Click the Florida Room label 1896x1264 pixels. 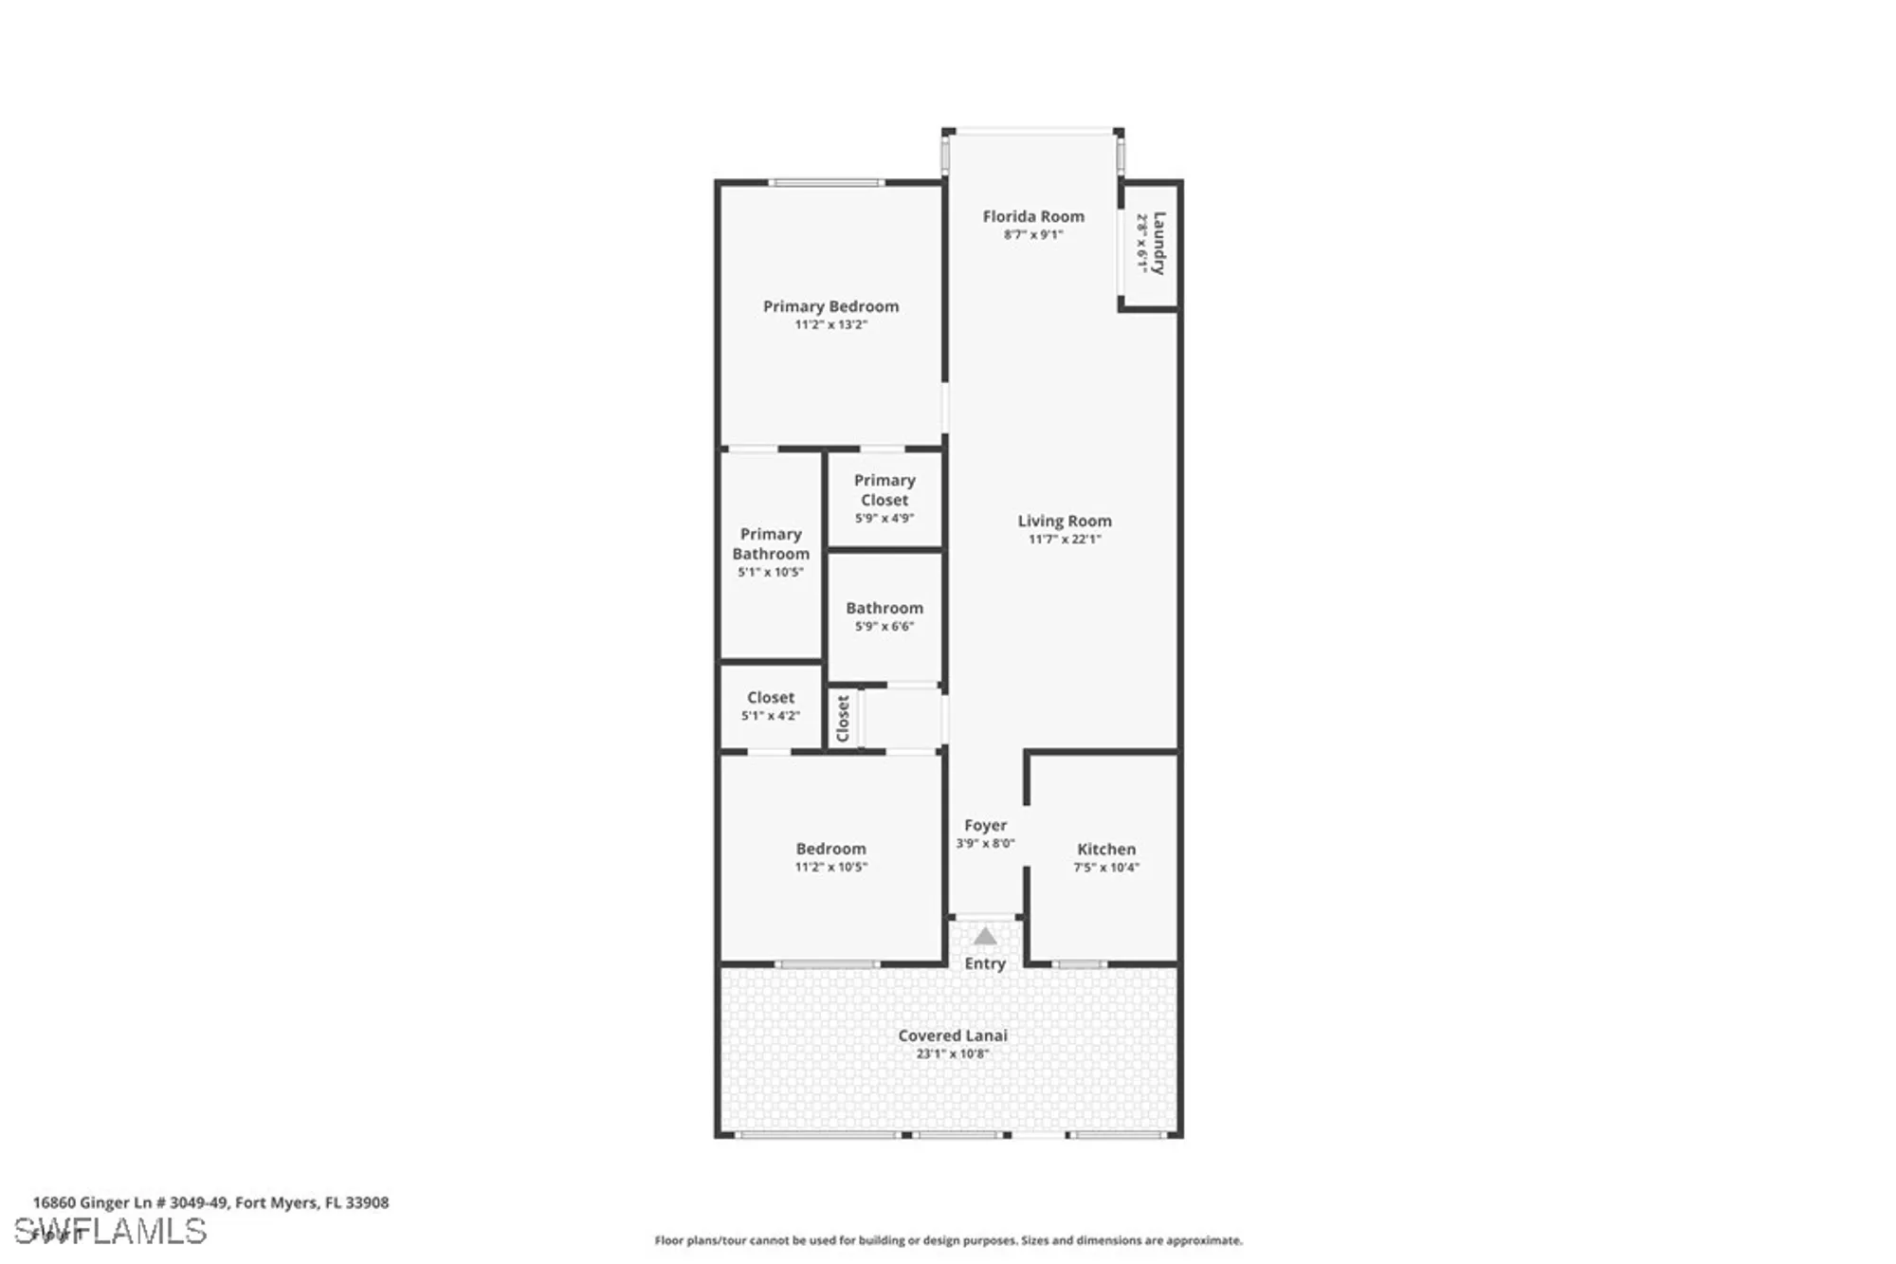1033,216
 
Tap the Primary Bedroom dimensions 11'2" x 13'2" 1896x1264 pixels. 830,324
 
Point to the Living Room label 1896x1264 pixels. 1065,521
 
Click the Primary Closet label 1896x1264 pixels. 884,490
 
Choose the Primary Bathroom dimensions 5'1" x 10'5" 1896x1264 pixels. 771,572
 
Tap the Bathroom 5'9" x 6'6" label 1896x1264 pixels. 884,608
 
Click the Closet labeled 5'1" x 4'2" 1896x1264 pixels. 771,698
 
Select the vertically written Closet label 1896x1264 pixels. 843,719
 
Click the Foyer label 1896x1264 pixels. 985,825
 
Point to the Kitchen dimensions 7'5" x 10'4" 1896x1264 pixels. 1106,867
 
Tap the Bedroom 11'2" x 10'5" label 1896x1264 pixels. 830,849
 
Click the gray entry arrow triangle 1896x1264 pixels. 985,937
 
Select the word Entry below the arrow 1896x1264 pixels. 985,963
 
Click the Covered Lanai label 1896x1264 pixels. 953,1035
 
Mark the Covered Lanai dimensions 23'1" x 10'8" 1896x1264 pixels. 953,1053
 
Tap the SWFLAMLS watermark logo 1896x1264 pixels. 110,1232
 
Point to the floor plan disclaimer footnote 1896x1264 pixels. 948,1240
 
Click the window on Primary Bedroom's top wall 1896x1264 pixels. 827,182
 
